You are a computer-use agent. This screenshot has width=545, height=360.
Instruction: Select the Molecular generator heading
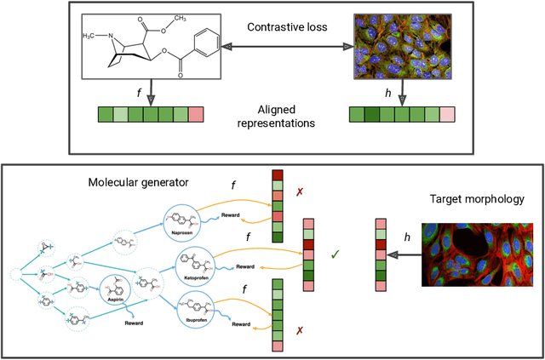click(149, 180)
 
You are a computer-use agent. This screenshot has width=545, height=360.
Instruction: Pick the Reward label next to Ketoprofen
click(245, 266)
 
